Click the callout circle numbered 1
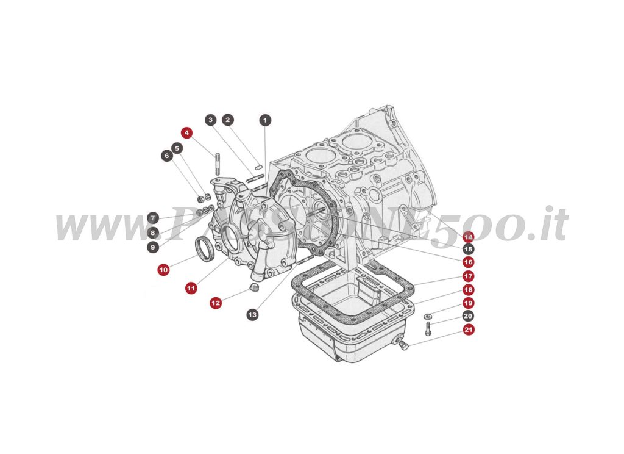click(x=265, y=120)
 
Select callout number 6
click(x=166, y=156)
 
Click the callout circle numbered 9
click(x=152, y=247)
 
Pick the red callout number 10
click(x=163, y=269)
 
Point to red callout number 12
click(x=216, y=302)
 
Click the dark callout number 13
click(x=252, y=314)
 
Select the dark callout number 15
click(x=467, y=249)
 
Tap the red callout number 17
click(x=467, y=276)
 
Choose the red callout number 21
click(x=467, y=330)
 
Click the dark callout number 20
click(x=467, y=316)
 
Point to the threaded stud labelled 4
click(x=216, y=164)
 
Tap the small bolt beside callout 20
click(x=427, y=328)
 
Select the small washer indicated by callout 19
click(x=428, y=315)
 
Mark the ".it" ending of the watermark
click(x=542, y=225)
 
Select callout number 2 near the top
click(x=227, y=120)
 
